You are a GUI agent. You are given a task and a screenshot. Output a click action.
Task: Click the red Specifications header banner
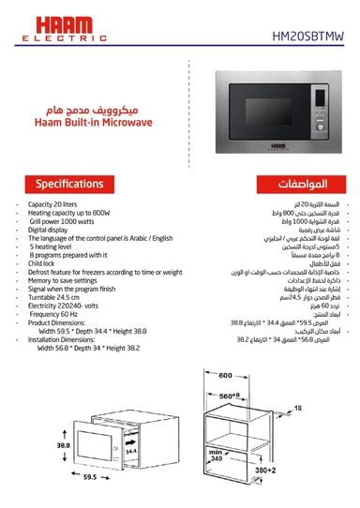point(65,182)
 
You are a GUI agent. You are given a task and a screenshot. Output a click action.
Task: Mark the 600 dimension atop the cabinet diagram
point(224,376)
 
